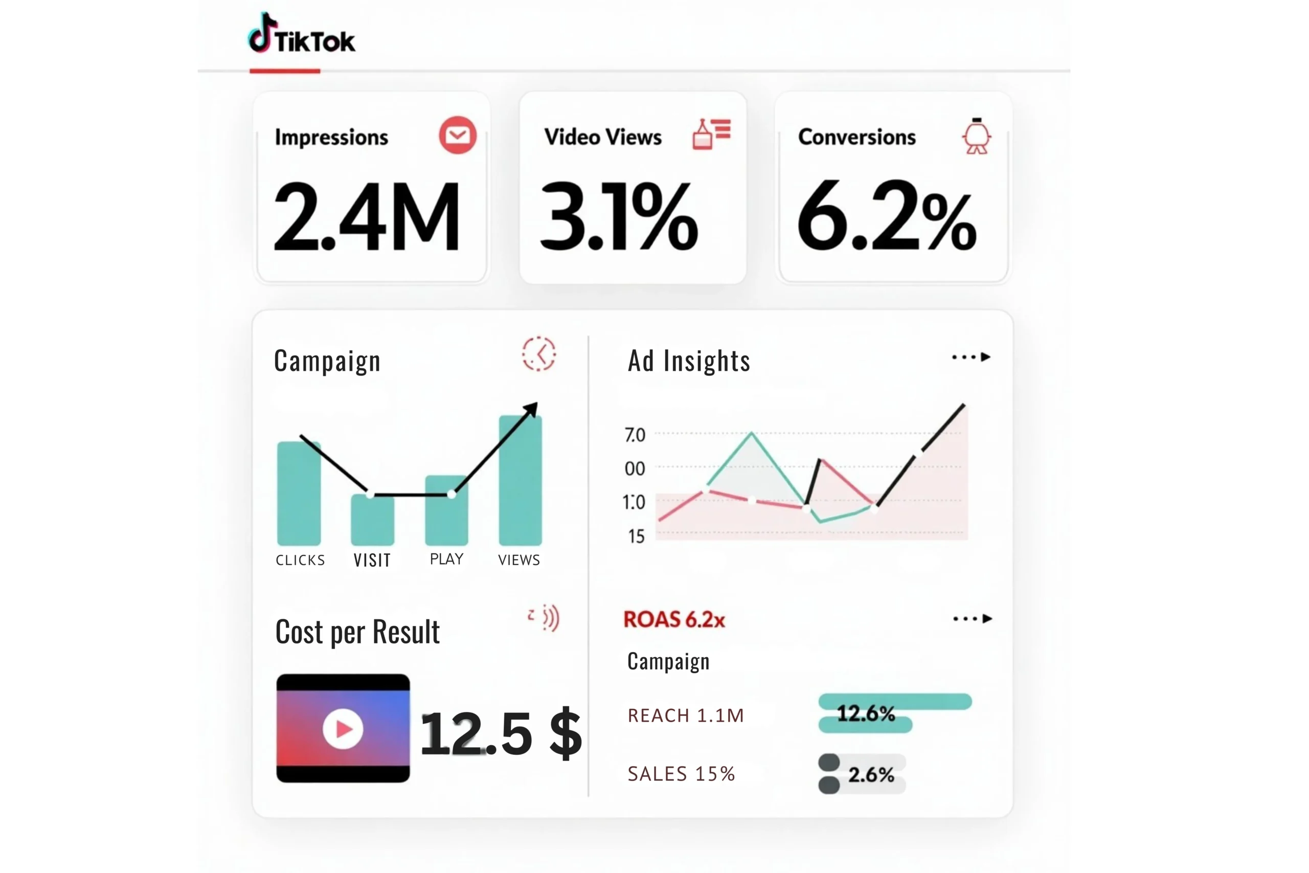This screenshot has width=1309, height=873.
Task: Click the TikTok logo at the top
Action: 301,34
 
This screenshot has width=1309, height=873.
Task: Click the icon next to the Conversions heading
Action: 976,136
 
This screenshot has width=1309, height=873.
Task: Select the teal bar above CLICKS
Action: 299,494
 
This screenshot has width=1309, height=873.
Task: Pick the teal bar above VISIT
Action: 372,520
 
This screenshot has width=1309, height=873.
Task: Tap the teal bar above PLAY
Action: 446,510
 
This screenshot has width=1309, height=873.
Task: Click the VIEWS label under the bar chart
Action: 518,560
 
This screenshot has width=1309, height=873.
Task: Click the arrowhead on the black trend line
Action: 531,409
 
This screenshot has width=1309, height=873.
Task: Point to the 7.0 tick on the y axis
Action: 635,435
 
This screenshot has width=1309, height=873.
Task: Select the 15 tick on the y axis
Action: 636,536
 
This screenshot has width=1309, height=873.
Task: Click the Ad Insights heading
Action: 689,361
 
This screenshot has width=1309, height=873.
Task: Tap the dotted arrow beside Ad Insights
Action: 971,357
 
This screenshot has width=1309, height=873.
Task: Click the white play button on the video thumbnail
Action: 343,729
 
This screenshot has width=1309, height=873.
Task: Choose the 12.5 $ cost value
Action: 501,733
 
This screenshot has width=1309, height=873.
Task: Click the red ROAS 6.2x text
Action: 674,619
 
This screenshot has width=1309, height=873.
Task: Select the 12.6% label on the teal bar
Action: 866,713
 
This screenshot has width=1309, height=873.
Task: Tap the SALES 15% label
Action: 681,774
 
